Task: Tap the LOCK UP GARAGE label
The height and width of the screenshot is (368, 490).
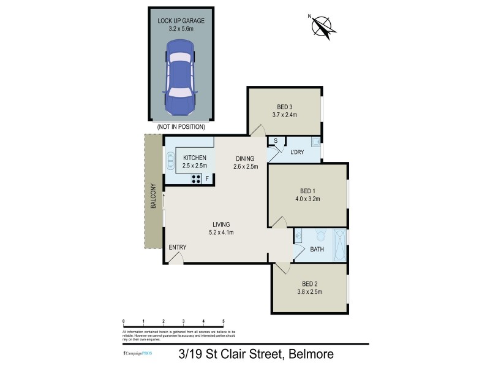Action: [181, 20]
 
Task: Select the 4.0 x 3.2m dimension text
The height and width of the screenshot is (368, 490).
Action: [307, 199]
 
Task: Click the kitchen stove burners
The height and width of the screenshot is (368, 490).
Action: [197, 179]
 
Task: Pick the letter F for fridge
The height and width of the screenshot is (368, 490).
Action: [208, 179]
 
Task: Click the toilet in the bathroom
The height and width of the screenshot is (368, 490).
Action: [319, 236]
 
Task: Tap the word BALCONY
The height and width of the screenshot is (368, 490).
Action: [154, 197]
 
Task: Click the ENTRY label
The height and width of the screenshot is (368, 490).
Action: [178, 247]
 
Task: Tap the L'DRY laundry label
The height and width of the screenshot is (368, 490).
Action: [297, 152]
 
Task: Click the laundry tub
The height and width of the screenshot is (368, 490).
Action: [315, 143]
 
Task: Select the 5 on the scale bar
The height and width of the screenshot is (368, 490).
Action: [223, 321]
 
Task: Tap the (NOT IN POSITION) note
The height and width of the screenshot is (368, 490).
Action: [181, 127]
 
